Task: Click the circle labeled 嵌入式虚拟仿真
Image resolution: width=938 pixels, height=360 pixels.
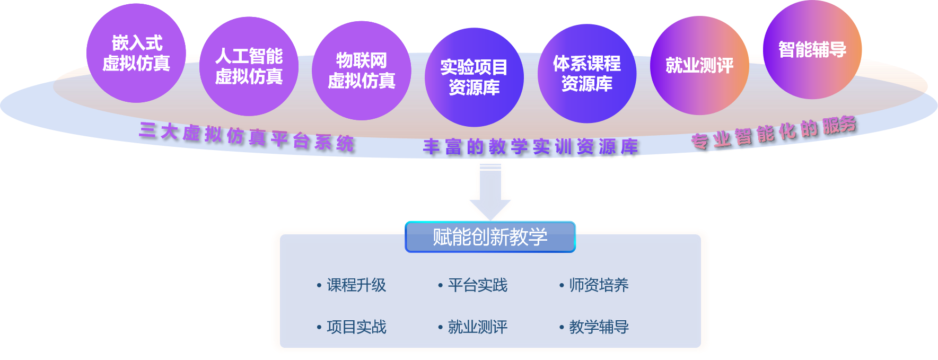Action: pos(136,53)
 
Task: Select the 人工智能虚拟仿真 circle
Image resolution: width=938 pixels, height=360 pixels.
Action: pos(249,66)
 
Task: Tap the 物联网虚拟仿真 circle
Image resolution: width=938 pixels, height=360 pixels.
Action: pos(361,71)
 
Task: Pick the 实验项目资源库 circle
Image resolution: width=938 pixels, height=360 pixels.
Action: pos(474,77)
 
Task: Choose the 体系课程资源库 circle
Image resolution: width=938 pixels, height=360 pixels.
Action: pos(586,74)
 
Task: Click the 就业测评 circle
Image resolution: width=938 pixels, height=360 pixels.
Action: pos(699,65)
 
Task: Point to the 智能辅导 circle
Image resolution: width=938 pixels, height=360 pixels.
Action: pos(812,49)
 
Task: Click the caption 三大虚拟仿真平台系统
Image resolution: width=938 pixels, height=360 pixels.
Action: pos(247,137)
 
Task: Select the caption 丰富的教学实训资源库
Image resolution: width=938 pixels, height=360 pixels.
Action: pos(531,147)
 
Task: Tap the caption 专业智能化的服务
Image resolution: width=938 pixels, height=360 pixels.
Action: pos(774,133)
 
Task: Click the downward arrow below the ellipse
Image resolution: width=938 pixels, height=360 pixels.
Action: pos(490,191)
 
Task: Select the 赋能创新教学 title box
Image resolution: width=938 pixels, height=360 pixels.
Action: pos(490,236)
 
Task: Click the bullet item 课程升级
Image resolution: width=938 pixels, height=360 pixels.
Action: pos(356,285)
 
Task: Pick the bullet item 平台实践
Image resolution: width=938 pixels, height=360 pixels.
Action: pos(477,285)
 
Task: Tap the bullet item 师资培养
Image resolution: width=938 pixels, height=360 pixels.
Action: pos(599,285)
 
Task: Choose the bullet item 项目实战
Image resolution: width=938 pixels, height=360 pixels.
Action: pos(356,327)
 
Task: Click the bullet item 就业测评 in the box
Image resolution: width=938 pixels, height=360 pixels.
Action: pos(477,327)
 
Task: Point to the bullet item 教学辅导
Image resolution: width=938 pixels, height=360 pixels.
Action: pos(599,327)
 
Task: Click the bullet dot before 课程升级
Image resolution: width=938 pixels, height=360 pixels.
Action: pos(319,286)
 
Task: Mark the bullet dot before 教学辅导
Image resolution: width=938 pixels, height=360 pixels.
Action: pos(562,327)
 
